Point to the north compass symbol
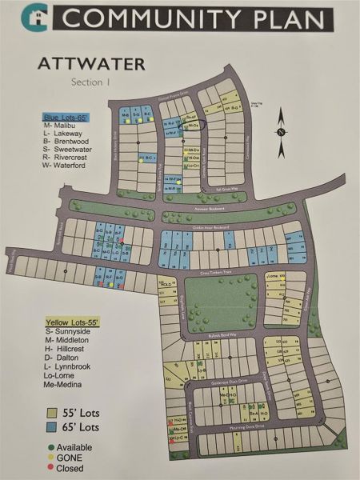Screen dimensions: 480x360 click(x=282, y=132)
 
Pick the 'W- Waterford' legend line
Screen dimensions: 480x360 click(x=66, y=166)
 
